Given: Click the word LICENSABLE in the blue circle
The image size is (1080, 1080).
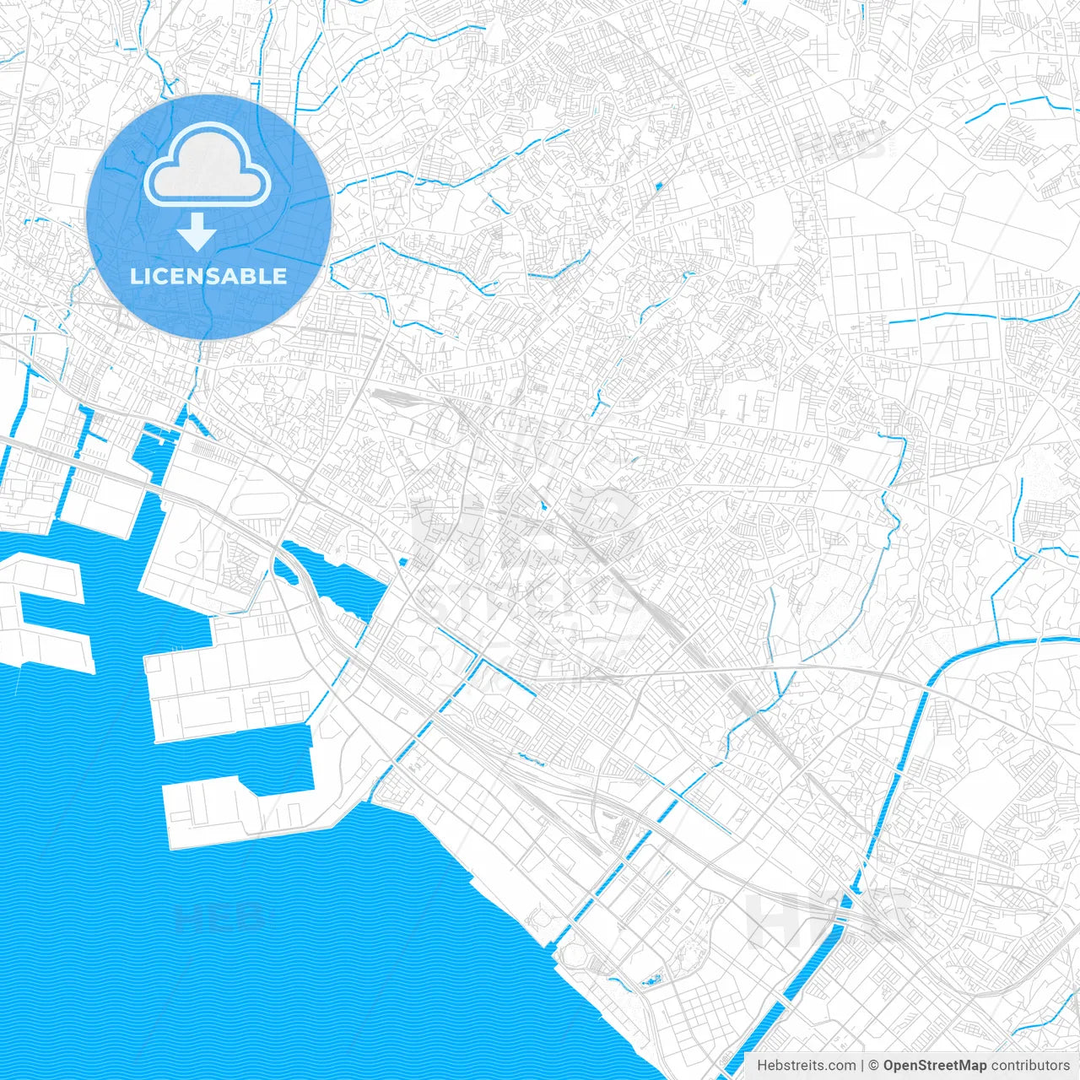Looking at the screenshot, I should pos(208,277).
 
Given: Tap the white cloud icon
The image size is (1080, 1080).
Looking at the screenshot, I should pos(208,166).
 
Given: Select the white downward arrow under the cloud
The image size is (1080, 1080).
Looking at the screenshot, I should pos(197,232).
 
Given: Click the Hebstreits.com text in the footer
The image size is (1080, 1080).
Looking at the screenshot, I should pos(806,1066).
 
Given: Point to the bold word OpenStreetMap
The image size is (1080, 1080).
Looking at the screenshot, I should pos(935,1066).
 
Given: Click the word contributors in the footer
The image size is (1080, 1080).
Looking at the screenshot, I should pos(1030,1066).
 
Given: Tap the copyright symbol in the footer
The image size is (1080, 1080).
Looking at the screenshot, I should pos(873,1066).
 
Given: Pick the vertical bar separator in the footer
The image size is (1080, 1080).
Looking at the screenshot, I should pos(862,1066).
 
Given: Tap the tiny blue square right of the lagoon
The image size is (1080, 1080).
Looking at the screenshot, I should pos(403,562).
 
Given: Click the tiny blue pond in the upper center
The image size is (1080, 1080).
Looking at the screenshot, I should pos(658,185).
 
